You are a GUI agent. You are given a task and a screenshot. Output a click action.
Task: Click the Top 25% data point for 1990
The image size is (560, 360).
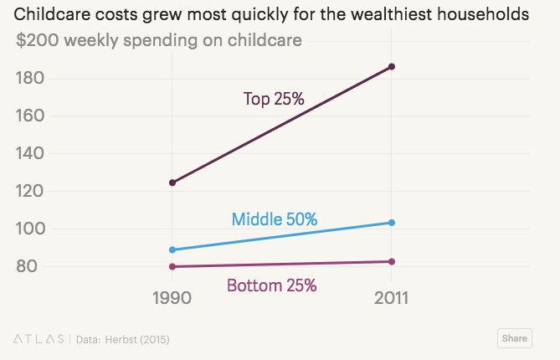tap(172, 183)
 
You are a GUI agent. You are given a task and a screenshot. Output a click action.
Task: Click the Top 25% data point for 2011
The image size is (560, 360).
tap(391, 67)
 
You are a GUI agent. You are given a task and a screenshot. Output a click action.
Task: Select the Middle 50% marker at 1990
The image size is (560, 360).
tap(172, 249)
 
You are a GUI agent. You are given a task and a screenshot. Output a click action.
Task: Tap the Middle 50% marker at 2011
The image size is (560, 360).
tap(391, 223)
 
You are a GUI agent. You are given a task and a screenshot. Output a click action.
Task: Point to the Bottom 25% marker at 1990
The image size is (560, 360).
tap(172, 267)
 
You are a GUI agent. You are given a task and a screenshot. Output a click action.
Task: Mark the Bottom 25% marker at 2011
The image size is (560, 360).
tap(391, 262)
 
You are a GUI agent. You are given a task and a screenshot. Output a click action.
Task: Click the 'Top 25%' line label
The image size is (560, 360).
tap(273, 99)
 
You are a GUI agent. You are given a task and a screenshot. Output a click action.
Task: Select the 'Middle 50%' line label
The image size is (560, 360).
tap(274, 219)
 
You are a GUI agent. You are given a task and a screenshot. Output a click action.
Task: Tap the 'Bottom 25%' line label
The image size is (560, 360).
tap(271, 285)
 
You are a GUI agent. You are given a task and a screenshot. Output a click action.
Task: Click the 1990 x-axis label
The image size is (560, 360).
tap(172, 299)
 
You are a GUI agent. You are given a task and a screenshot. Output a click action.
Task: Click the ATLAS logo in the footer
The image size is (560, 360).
tap(39, 339)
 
